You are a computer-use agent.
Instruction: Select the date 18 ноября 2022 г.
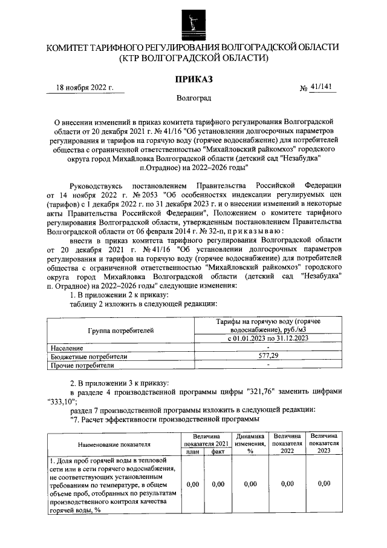[85, 87]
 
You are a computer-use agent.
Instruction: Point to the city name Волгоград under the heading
[193, 97]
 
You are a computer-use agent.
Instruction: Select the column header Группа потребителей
[120, 330]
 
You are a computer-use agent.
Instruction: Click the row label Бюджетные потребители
[89, 357]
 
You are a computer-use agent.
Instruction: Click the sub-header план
[193, 452]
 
